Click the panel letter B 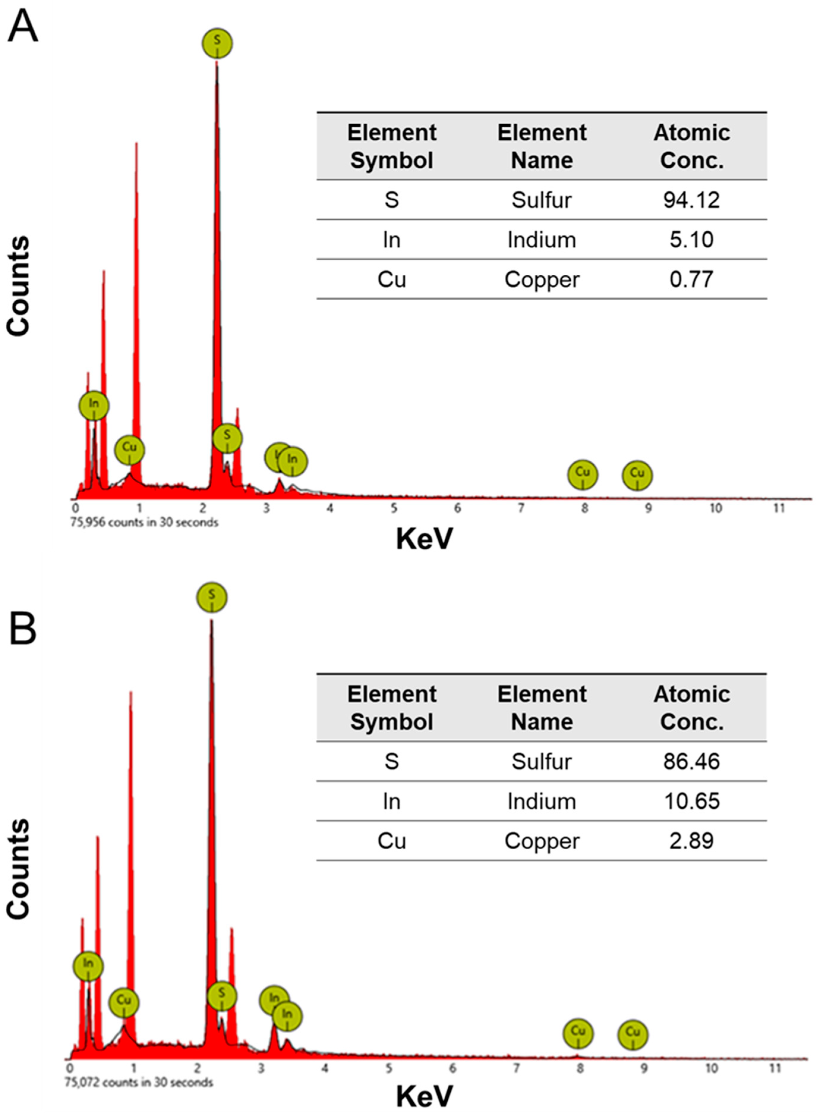coord(23,629)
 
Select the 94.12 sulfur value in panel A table coord(691,200)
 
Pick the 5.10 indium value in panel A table coord(691,240)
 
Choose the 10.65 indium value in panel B coord(691,801)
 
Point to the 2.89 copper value coord(691,841)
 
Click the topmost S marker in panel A coord(217,43)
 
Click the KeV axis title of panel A coord(424,539)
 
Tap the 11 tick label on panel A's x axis coord(779,508)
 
